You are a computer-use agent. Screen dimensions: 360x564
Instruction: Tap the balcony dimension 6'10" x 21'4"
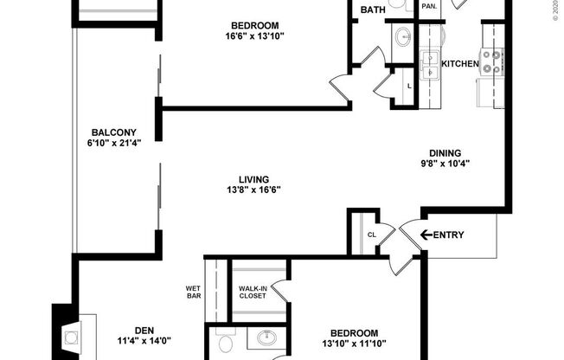point(114,143)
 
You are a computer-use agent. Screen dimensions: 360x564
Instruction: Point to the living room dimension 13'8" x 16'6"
point(254,190)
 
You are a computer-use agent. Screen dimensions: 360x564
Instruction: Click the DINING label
point(445,152)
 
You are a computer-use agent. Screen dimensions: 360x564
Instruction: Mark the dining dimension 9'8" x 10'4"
point(445,164)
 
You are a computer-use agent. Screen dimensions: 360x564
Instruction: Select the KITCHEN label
point(461,64)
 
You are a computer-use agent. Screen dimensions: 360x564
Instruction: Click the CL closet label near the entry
point(372,234)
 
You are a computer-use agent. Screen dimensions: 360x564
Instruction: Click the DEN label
point(145,329)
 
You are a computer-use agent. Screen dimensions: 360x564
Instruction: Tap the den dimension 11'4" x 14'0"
point(144,340)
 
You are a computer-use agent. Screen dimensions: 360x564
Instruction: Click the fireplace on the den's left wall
point(69,332)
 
